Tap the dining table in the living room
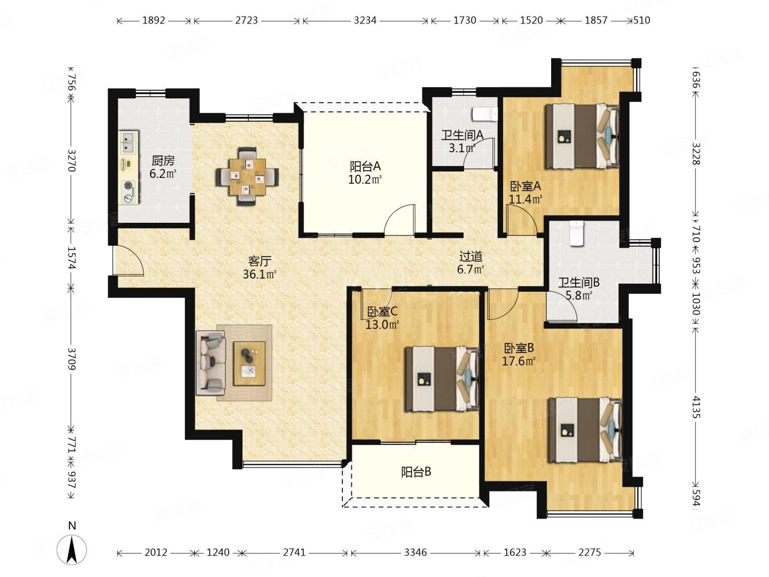248,176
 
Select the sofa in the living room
210,363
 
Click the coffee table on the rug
249,363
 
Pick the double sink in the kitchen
129,142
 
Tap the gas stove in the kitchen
129,192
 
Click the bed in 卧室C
442,379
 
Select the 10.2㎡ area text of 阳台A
365,180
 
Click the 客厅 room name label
260,261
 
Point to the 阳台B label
416,472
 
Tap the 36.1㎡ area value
260,274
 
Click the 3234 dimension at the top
365,20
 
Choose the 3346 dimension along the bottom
415,552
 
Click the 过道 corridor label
470,257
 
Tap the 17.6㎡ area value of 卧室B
519,361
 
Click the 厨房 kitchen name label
163,161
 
